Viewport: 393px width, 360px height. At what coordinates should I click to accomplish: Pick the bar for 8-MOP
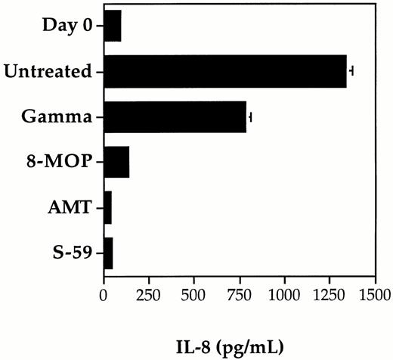pyautogui.click(x=116, y=162)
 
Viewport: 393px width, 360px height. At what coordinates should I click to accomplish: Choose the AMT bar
pyautogui.click(x=107, y=206)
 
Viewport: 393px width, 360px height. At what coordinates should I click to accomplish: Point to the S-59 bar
pyautogui.click(x=108, y=251)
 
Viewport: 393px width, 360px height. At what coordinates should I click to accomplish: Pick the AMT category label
pyautogui.click(x=73, y=206)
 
